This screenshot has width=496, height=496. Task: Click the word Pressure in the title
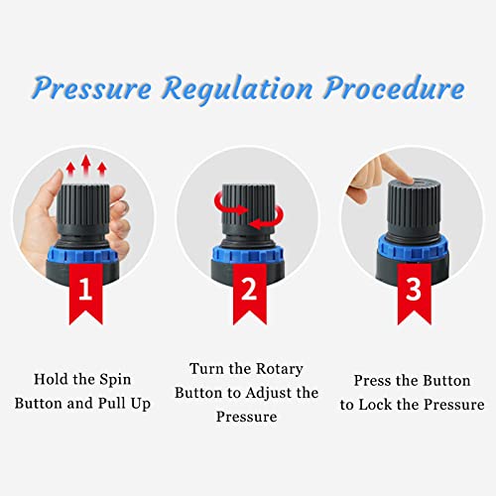95,88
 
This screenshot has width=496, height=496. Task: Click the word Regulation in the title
238,88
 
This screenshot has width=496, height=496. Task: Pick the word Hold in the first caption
53,379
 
